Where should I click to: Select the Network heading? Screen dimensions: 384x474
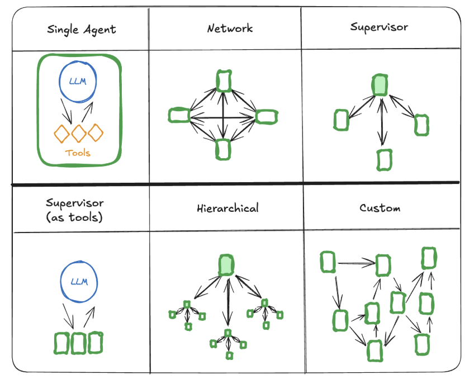coord(230,29)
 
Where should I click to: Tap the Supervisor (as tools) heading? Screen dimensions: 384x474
coord(75,210)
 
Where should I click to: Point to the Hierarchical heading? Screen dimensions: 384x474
coord(227,208)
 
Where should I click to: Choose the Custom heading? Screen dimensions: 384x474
coord(380,208)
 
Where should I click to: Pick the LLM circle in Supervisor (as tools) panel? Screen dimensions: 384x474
coord(79,282)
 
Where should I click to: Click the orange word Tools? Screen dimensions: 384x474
coord(78,153)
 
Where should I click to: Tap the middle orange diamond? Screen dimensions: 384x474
coord(78,133)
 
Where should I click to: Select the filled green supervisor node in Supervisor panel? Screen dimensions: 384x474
coord(380,85)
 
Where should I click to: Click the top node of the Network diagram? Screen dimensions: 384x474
coord(224,81)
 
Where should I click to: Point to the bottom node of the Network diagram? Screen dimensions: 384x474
coord(223,149)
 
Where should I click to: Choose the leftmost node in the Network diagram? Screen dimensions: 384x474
coord(178,116)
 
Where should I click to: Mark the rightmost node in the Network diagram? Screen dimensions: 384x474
coord(267,116)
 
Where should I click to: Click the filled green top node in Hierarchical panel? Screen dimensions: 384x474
coord(226,265)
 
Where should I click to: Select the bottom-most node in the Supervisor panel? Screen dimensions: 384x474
coord(384,159)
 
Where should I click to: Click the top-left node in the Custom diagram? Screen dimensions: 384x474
coord(328,262)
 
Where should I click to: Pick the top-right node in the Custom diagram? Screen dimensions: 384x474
coord(429,258)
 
